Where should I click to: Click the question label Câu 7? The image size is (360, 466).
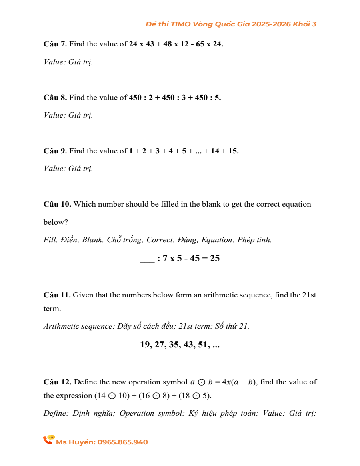coord(55,44)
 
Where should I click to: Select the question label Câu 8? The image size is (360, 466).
coord(55,98)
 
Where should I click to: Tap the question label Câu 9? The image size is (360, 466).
coord(55,151)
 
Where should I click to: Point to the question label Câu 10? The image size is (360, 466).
coord(57,204)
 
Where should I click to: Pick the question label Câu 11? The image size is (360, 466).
coord(57,295)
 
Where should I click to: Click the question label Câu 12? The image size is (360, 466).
coord(57,382)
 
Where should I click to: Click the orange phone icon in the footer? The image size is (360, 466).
coord(48,440)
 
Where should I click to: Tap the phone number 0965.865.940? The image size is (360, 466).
coord(123,442)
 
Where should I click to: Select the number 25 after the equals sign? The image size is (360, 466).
coord(215,258)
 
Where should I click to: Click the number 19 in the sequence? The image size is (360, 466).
coord(145,345)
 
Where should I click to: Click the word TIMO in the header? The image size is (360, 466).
coord(181,24)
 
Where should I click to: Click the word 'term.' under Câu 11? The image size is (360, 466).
coord(52,309)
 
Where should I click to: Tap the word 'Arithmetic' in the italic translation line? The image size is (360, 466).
coord(59,326)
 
